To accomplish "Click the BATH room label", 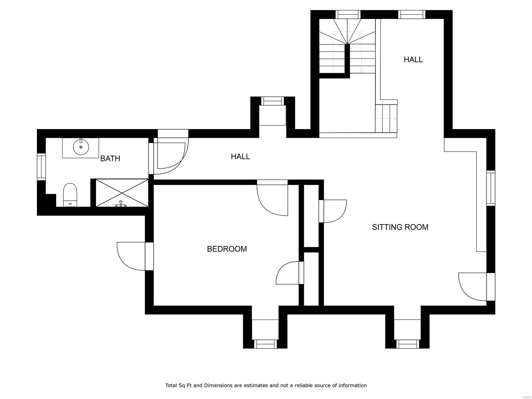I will click(x=110, y=159).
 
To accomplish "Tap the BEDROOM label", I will click(x=227, y=249).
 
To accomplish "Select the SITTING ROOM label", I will click(x=400, y=227).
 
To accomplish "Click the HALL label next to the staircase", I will click(x=413, y=60).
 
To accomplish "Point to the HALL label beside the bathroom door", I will click(x=240, y=156).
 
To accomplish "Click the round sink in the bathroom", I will click(x=81, y=147).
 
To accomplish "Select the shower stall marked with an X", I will click(x=122, y=193).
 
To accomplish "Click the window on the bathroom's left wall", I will click(x=41, y=167).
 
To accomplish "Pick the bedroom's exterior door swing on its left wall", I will click(x=131, y=256).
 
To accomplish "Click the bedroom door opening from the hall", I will click(x=272, y=198).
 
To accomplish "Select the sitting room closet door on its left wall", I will click(x=332, y=211).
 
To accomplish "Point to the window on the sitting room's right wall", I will click(x=491, y=188).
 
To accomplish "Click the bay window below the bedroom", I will click(x=265, y=344).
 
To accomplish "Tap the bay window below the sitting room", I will click(x=407, y=344).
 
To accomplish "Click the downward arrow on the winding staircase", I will click(x=361, y=70).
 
